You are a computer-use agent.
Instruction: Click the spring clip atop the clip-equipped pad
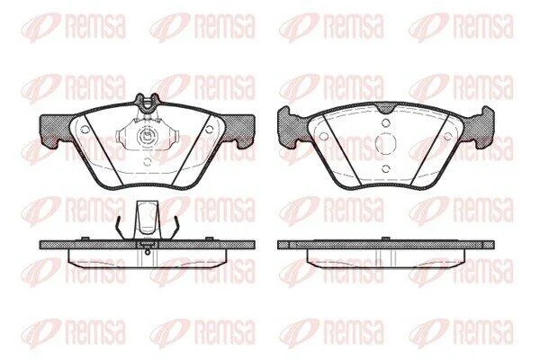point(148,103)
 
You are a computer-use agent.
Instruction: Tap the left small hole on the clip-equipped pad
point(85,130)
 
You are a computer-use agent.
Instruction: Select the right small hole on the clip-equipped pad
point(209,130)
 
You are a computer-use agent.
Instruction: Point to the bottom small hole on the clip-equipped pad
point(147,162)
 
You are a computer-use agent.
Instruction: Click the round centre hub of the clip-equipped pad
point(147,137)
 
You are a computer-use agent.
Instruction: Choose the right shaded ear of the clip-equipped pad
point(238,130)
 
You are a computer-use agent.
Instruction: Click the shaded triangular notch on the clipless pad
point(386,108)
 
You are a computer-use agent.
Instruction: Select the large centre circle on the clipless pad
point(386,143)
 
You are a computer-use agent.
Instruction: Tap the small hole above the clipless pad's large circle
point(386,122)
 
